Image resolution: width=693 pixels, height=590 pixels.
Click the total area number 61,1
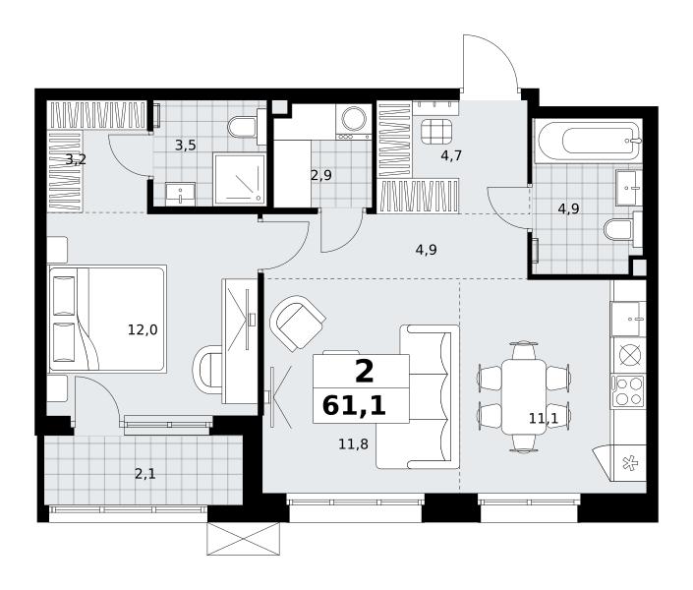coord(354,405)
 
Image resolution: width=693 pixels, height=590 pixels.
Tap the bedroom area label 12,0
coord(143,330)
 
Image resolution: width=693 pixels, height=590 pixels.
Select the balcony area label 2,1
coord(144,474)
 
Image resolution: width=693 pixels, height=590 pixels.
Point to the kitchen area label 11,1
coord(544,418)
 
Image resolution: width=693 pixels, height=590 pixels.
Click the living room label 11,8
coord(353,443)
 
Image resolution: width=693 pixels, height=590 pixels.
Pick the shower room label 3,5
coord(185,146)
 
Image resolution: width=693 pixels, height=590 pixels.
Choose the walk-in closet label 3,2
coord(76,159)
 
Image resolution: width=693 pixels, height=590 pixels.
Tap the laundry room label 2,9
coord(321,176)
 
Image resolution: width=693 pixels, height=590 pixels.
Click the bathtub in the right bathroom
coord(588,141)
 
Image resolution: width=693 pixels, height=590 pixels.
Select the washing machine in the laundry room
coord(353,122)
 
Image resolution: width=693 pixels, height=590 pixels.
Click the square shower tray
coord(239,179)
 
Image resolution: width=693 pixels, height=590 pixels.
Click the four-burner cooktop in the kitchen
coord(627,390)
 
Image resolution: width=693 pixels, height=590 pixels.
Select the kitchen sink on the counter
coord(628,319)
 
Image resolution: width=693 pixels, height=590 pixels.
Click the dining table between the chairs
coord(524,396)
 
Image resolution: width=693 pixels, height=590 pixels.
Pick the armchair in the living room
coord(298,324)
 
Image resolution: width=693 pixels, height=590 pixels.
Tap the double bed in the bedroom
coord(107,319)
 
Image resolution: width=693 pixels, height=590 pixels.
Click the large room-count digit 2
coord(364,372)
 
